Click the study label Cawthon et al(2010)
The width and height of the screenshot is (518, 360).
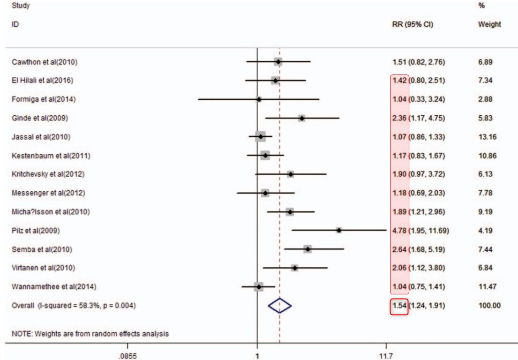tap(44, 62)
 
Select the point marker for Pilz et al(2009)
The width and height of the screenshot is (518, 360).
tap(338, 230)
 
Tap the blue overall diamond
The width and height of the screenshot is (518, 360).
tap(280, 306)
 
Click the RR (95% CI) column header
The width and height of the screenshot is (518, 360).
tap(413, 24)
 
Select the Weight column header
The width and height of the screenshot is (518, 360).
tap(489, 24)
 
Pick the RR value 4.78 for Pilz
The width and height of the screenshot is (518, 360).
tap(399, 231)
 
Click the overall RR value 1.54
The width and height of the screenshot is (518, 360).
tap(399, 306)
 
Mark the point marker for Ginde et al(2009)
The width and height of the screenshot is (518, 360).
tap(301, 118)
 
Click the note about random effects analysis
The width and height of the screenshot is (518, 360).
tap(90, 334)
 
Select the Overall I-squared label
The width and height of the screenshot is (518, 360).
tap(74, 306)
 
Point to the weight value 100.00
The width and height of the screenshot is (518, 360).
tap(489, 306)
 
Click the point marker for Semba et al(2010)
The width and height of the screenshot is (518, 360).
tap(307, 249)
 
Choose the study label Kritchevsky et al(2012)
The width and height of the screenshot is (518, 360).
tap(48, 174)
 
